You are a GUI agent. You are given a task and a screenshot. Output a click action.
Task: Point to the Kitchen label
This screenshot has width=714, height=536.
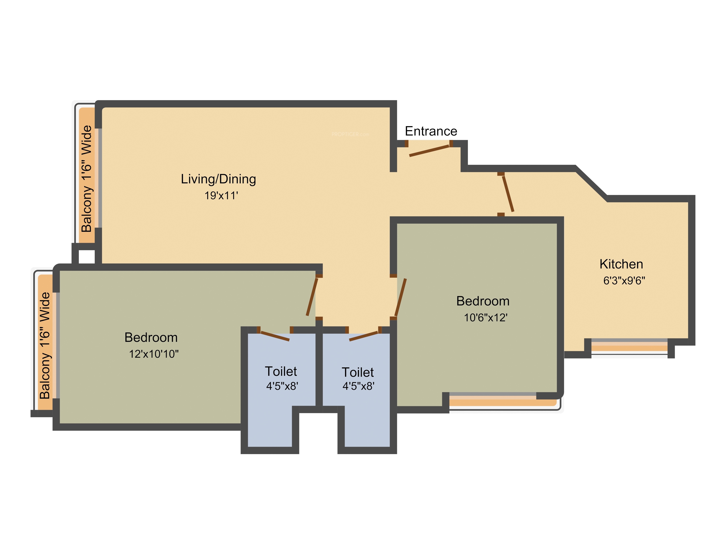tap(621, 264)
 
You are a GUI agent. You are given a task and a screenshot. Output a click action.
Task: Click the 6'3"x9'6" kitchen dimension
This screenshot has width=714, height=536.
tap(624, 281)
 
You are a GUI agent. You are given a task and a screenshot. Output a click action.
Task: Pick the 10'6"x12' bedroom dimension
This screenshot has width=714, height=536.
tap(486, 318)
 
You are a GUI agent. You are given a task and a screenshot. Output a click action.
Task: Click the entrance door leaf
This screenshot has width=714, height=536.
tap(429, 151)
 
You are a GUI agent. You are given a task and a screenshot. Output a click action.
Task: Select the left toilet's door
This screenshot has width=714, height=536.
tap(275, 336)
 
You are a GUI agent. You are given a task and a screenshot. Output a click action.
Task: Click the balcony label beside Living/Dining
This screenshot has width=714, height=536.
tap(87, 179)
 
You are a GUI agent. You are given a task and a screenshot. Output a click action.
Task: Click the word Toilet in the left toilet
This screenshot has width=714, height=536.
tap(281, 371)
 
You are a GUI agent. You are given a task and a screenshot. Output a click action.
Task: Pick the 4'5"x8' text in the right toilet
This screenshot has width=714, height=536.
tap(358, 386)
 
